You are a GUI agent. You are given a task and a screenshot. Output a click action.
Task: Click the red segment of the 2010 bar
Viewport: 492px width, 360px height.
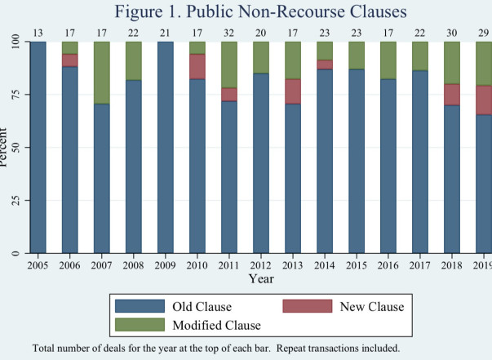197,67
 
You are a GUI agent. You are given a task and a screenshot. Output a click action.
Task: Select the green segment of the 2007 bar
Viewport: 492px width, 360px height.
102,73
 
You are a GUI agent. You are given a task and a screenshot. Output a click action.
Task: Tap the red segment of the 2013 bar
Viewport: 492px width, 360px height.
293,91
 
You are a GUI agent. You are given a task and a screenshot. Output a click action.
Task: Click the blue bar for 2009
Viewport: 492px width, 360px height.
166,147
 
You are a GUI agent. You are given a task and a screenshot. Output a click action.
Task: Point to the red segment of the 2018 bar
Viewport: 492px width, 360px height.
452,95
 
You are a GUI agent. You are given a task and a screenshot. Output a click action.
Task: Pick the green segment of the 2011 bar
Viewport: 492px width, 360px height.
229,64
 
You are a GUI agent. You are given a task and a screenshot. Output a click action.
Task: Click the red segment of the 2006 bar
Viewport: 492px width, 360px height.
70,60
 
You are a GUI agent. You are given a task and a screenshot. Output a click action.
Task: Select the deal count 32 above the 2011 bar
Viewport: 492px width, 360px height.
229,33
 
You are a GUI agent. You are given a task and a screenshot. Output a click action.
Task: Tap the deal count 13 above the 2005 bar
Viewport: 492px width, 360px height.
38,33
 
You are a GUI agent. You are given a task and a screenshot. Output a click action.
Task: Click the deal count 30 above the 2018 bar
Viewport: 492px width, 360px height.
452,33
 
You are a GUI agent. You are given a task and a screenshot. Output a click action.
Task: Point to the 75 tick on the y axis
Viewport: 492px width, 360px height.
16,94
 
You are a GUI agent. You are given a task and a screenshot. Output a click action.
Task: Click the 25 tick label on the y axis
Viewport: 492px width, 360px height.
16,200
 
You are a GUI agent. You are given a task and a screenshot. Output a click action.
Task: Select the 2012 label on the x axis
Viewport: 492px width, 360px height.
261,265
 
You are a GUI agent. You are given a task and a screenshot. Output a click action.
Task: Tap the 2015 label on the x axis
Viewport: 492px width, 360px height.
357,265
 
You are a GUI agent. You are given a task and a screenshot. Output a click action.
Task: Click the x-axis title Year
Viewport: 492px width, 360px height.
261,278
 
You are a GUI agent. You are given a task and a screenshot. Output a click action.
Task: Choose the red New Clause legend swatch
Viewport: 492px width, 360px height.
308,306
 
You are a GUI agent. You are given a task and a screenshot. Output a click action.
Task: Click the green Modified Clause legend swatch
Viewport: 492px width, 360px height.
140,325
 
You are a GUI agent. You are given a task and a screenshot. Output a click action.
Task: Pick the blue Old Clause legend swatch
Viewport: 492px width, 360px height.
140,306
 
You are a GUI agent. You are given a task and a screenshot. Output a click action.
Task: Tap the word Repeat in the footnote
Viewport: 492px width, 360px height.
291,349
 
